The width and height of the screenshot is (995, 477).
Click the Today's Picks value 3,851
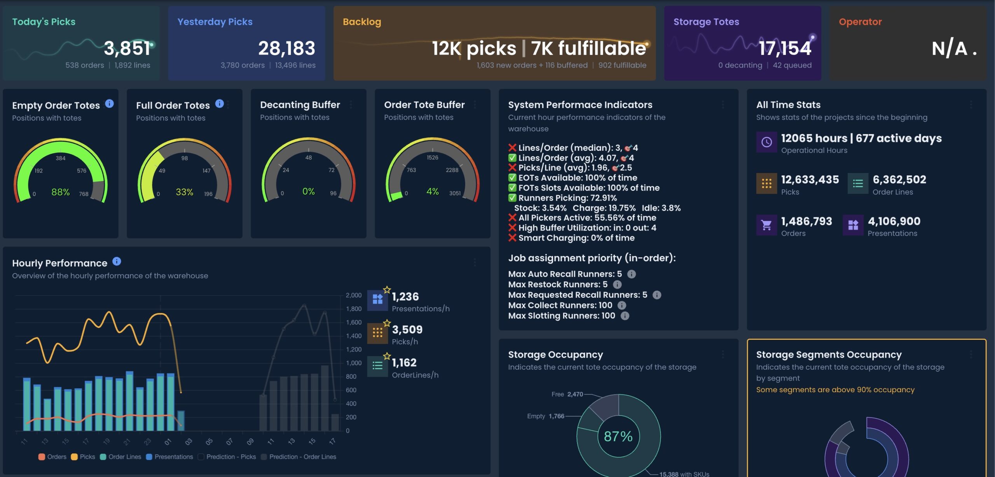[127, 49]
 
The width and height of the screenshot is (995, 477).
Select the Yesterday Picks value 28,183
[286, 49]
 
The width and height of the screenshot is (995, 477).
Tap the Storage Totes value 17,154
[785, 49]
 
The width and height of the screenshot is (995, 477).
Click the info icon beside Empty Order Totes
[110, 104]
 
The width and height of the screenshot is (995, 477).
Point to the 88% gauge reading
[61, 192]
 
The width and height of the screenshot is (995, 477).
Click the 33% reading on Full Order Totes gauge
[184, 192]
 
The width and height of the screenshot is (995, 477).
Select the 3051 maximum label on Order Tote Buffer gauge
[455, 193]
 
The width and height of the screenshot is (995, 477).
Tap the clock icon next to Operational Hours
[766, 142]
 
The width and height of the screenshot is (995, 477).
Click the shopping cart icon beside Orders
[766, 225]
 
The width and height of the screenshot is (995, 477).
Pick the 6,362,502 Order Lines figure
[899, 180]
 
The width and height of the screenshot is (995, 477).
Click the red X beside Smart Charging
[512, 238]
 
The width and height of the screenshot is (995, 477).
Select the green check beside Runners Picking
[512, 198]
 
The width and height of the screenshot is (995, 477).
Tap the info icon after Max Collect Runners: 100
[622, 306]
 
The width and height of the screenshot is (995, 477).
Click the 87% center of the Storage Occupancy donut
[618, 437]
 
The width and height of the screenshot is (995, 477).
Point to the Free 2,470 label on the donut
[567, 394]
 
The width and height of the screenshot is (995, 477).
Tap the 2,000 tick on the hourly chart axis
[353, 295]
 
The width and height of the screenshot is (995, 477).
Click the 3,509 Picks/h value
[407, 330]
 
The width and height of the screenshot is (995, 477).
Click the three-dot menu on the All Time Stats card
[971, 105]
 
